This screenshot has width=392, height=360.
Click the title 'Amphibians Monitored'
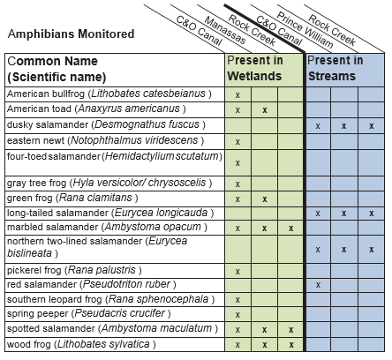[x=71, y=34]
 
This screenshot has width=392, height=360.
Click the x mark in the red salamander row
[x=318, y=285]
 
